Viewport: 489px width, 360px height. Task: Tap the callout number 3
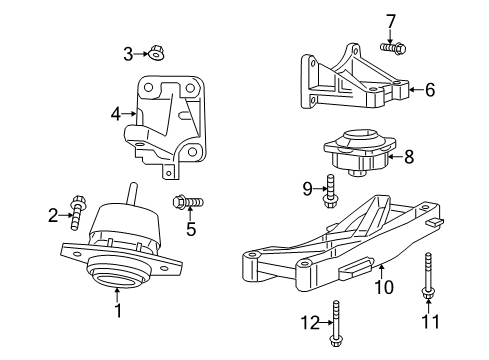[128, 52]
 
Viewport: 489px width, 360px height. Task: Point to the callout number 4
[116, 114]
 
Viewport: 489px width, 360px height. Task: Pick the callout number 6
[429, 90]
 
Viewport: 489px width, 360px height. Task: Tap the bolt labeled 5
[185, 203]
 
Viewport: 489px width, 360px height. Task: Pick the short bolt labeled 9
[329, 192]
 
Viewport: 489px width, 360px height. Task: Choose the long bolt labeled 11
[428, 276]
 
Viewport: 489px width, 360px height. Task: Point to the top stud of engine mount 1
[129, 194]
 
